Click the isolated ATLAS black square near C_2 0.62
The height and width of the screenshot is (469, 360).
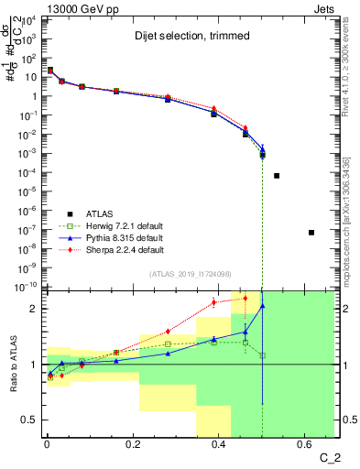click(311, 233)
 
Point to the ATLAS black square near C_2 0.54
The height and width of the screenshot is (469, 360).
click(277, 175)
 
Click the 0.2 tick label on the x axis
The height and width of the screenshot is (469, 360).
click(133, 447)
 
